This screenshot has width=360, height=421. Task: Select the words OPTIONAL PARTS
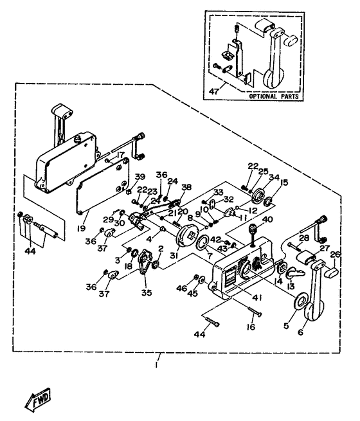pyautogui.click(x=274, y=96)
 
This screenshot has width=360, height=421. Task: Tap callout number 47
pyautogui.click(x=214, y=91)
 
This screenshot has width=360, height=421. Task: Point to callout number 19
pyautogui.click(x=81, y=228)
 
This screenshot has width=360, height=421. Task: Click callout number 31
pyautogui.click(x=174, y=256)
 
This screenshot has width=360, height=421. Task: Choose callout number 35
pyautogui.click(x=147, y=292)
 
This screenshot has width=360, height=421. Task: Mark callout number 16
pyautogui.click(x=251, y=327)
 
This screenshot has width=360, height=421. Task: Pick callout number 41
pyautogui.click(x=257, y=298)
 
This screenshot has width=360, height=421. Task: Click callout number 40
pyautogui.click(x=267, y=220)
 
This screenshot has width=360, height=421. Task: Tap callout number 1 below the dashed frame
pyautogui.click(x=156, y=366)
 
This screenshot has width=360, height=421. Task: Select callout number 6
pyautogui.click(x=301, y=332)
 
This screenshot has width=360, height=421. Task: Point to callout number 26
pyautogui.click(x=336, y=255)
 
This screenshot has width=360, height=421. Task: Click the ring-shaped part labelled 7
pyautogui.click(x=202, y=242)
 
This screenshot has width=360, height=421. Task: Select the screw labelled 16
pyautogui.click(x=255, y=312)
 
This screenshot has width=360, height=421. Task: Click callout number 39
pyautogui.click(x=140, y=177)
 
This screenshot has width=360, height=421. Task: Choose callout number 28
pyautogui.click(x=304, y=238)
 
